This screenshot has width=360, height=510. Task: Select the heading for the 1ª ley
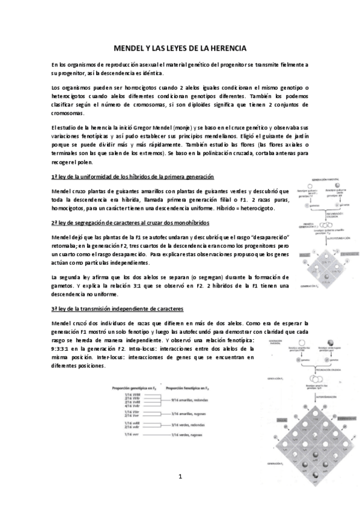coord(133,176)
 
